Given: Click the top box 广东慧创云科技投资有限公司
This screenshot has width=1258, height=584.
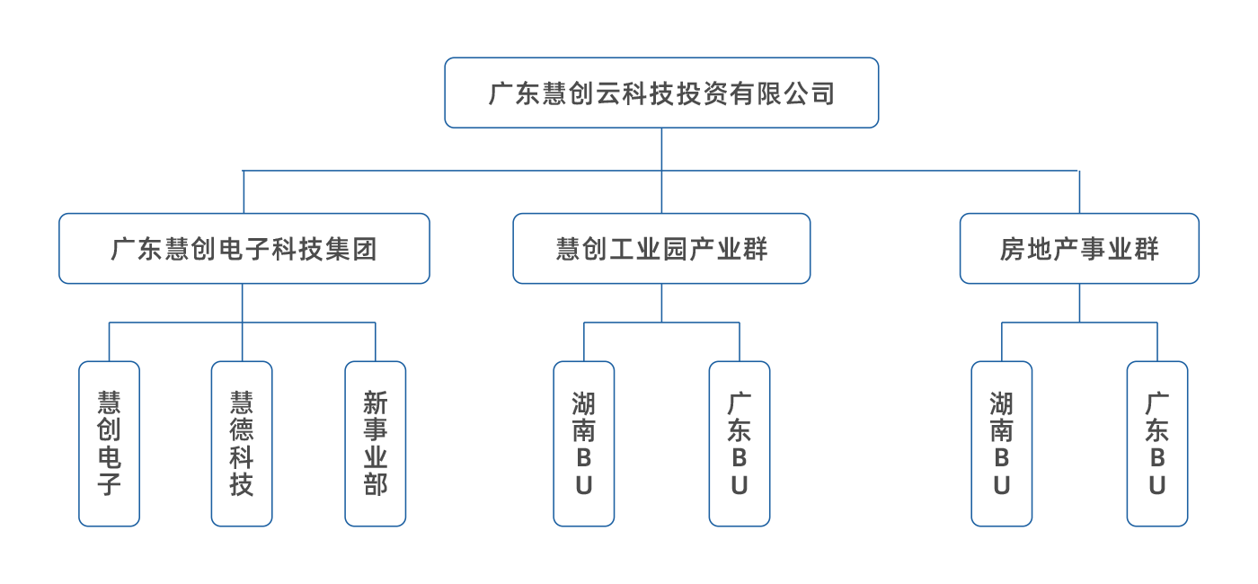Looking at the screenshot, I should tap(661, 93).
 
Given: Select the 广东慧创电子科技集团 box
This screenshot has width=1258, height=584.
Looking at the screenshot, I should tap(244, 248).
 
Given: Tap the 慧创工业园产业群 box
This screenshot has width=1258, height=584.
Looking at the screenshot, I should tap(661, 248).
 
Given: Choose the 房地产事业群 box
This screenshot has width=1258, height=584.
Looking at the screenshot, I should tap(1079, 248).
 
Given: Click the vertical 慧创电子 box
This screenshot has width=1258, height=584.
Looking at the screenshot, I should tap(109, 443).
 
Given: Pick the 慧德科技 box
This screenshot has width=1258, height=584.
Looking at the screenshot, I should tap(242, 443).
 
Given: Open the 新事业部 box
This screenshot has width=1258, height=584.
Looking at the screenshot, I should tap(376, 443).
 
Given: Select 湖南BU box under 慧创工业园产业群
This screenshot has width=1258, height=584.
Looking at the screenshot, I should tap(584, 443).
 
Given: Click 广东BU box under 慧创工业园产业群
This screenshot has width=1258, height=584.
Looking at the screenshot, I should tap(740, 443).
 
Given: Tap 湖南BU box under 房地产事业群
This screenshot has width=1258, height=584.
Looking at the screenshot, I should tap(1002, 443).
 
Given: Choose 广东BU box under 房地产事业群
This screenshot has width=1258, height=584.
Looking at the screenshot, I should tap(1157, 443).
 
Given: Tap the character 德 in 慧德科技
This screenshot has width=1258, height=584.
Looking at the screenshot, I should tap(242, 429).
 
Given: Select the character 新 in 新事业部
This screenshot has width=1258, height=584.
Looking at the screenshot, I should tap(376, 403).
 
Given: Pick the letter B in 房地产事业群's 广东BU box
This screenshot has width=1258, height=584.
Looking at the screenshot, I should tap(1157, 458).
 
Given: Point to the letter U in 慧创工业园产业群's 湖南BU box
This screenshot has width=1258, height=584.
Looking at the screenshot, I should tap(584, 486).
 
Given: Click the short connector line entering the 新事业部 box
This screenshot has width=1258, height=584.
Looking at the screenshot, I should tap(376, 342).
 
